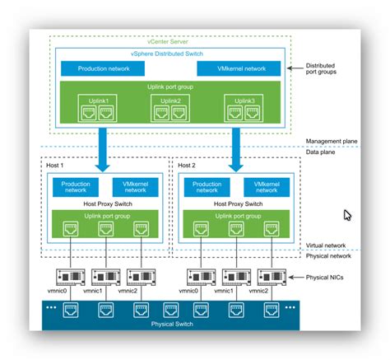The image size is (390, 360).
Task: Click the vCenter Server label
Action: (x=169, y=41)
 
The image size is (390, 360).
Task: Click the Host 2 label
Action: (x=189, y=165)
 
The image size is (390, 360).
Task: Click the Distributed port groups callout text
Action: (x=327, y=69)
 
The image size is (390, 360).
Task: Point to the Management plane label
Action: (x=331, y=142)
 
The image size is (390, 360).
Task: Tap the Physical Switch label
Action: (x=172, y=324)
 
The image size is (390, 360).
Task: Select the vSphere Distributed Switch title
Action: (x=169, y=52)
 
